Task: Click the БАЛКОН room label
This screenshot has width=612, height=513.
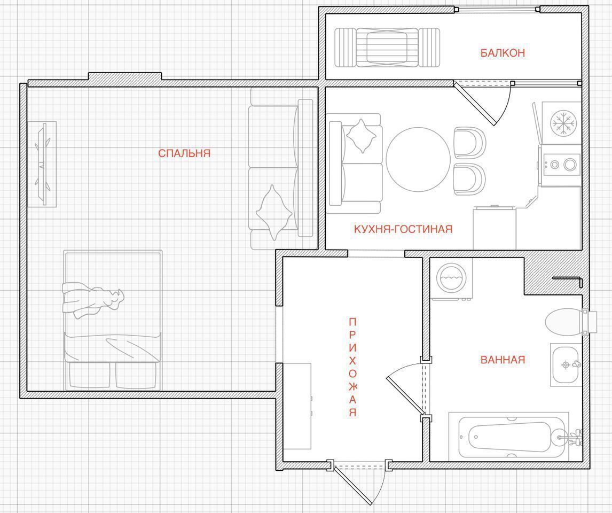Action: pyautogui.click(x=503, y=53)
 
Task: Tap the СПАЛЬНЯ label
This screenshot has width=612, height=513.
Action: pyautogui.click(x=184, y=153)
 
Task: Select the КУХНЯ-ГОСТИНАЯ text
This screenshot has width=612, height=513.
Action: pyautogui.click(x=403, y=229)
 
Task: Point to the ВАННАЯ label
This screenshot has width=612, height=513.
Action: pyautogui.click(x=503, y=360)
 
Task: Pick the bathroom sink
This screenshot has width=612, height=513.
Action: pyautogui.click(x=566, y=364)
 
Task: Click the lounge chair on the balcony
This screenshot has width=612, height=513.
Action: pyautogui.click(x=387, y=48)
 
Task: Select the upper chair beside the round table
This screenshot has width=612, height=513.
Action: pyautogui.click(x=469, y=143)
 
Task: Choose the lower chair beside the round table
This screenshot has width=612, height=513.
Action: pyautogui.click(x=469, y=179)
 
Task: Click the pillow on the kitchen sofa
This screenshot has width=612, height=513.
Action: pyautogui.click(x=361, y=136)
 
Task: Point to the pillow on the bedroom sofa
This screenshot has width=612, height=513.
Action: pyautogui.click(x=274, y=212)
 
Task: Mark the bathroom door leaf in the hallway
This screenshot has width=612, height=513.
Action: pyautogui.click(x=405, y=395)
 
